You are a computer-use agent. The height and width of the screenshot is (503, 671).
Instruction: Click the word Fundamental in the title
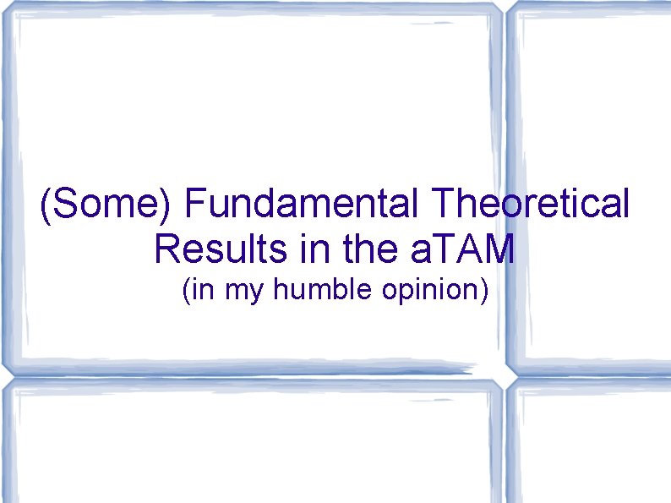coord(300,205)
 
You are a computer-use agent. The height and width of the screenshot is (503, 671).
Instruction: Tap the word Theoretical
coord(529,205)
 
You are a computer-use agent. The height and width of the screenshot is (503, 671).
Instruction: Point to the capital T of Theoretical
coord(441,205)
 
